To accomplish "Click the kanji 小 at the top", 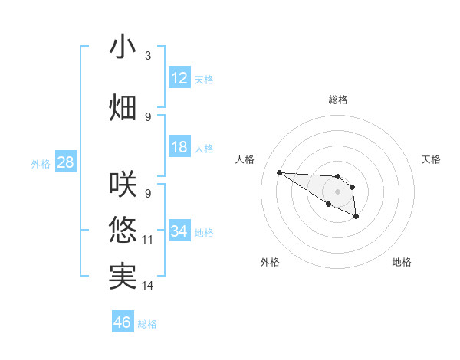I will tap(123, 47).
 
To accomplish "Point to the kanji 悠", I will tap(123, 230).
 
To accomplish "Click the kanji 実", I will tap(123, 276).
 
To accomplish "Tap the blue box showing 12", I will tap(179, 78).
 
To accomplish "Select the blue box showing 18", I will tap(179, 147).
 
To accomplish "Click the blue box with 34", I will tap(179, 231).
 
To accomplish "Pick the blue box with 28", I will tap(65, 162).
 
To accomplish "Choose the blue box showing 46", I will tap(123, 322).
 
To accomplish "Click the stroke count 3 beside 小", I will tap(148, 56).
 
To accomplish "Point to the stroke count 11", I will tap(148, 240).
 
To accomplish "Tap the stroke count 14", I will tap(148, 286).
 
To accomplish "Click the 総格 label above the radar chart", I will tap(337, 100).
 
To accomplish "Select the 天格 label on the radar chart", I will tap(431, 159).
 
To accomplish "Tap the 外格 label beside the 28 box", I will tap(41, 163).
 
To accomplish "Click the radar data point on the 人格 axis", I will tap(279, 172).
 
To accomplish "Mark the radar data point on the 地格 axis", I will tap(356, 218).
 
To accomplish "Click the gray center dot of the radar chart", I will tap(337, 191).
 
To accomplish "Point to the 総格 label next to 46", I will tap(147, 323).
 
